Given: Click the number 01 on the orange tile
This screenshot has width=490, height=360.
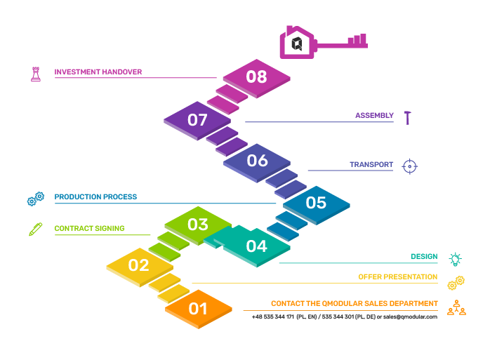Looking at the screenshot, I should pyautogui.click(x=198, y=308).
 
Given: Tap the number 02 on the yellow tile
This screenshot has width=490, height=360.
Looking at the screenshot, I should pyautogui.click(x=139, y=265).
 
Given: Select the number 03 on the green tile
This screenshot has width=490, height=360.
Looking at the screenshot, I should pyautogui.click(x=198, y=225).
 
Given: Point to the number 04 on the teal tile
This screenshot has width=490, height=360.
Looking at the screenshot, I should pyautogui.click(x=256, y=246).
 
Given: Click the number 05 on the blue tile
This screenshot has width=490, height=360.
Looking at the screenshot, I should pyautogui.click(x=316, y=203).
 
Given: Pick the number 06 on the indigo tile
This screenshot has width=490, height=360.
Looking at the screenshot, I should pyautogui.click(x=257, y=161).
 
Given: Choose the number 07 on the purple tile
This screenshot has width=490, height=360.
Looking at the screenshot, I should pyautogui.click(x=197, y=120).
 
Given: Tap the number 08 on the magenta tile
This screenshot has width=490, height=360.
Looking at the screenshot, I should pyautogui.click(x=257, y=76).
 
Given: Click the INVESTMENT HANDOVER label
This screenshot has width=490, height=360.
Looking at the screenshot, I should pyautogui.click(x=98, y=72).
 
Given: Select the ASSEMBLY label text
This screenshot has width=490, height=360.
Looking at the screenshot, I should pyautogui.click(x=374, y=115).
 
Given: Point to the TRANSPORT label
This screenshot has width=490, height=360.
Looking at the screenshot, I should pyautogui.click(x=371, y=165).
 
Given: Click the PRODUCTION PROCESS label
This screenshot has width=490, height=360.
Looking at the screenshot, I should pyautogui.click(x=95, y=197).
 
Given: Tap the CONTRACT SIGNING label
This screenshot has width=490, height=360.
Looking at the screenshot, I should pyautogui.click(x=89, y=228).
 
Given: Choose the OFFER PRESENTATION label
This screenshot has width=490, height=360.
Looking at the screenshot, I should pyautogui.click(x=398, y=277).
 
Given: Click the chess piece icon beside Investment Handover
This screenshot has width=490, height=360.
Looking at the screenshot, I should pyautogui.click(x=36, y=73).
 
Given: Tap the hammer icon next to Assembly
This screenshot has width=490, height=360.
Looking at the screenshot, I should pyautogui.click(x=407, y=117).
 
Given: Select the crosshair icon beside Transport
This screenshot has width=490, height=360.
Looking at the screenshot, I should pyautogui.click(x=410, y=166).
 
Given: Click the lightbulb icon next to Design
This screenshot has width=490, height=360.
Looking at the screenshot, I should pyautogui.click(x=456, y=259).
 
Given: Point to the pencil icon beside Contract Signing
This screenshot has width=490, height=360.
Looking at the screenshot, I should pyautogui.click(x=36, y=229).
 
